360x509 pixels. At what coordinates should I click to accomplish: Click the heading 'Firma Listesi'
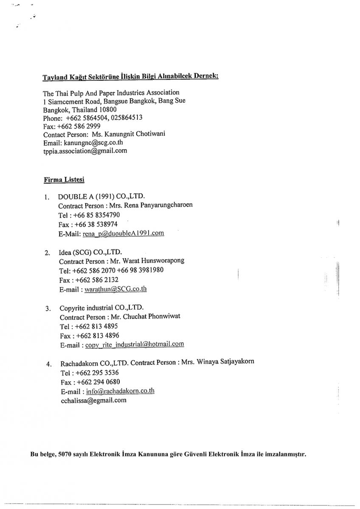[x=64, y=179]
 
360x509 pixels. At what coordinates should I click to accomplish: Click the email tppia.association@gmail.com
[x=85, y=151]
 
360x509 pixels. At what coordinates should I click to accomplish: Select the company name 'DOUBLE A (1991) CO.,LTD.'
[x=101, y=196]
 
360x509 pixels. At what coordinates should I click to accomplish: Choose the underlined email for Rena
[x=123, y=233]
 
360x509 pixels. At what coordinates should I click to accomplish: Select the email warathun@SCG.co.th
[x=116, y=289]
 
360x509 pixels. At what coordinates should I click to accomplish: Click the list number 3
[x=48, y=308]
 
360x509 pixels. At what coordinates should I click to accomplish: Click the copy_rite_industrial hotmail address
[x=135, y=344]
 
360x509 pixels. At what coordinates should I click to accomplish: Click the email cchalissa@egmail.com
[x=93, y=400]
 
